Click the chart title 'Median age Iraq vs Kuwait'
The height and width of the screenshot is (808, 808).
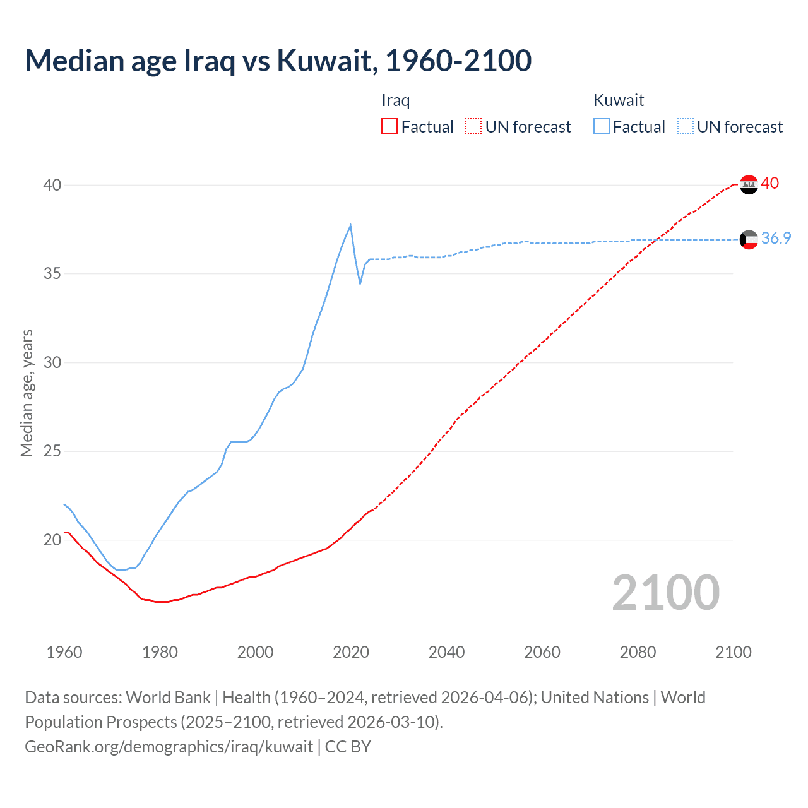click(278, 61)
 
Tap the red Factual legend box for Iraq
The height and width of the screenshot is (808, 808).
click(389, 127)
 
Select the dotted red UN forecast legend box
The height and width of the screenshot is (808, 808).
click(473, 127)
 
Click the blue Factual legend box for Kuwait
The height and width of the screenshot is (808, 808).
click(602, 127)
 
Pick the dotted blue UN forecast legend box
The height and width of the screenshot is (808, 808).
click(686, 127)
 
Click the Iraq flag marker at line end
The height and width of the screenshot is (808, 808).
click(749, 184)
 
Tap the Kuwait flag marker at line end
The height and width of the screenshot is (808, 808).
click(749, 239)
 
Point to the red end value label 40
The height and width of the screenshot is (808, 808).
click(770, 183)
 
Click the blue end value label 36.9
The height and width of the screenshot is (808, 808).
click(776, 238)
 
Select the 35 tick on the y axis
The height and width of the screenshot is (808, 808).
click(52, 274)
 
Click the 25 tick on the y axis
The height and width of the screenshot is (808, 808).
click(52, 451)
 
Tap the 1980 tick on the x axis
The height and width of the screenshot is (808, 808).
click(160, 652)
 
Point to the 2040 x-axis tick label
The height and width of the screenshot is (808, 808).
click(446, 652)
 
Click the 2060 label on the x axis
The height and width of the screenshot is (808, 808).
click(542, 652)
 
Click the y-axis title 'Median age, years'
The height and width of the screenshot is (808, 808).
click(27, 393)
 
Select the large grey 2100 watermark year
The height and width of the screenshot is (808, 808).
click(666, 592)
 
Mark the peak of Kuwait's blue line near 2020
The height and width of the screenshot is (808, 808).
click(350, 225)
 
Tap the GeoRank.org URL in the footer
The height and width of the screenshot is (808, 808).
click(169, 747)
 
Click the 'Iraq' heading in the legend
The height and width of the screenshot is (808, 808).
click(396, 100)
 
